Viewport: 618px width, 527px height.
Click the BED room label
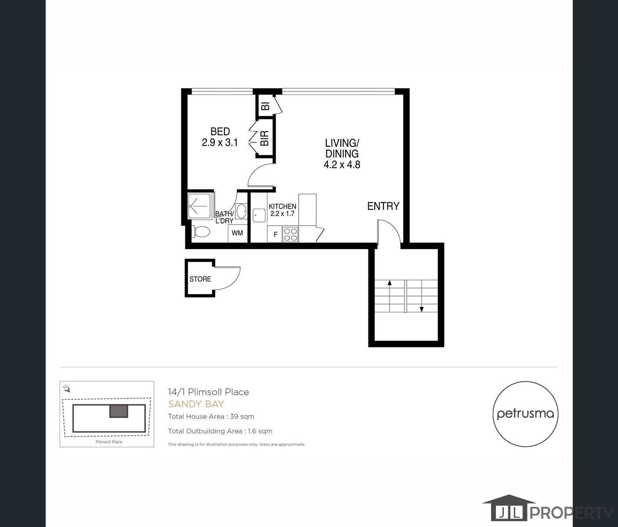point(220,131)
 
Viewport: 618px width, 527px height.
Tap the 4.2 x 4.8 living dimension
point(342,165)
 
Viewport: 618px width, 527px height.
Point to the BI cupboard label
point(265,106)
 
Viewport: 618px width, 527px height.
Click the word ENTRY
point(383,206)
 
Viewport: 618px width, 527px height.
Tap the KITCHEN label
point(282,206)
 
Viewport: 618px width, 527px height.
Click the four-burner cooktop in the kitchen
point(290,234)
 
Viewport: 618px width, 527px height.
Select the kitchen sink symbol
point(259,215)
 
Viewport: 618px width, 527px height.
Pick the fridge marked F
point(275,235)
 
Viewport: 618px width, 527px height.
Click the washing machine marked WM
point(237,233)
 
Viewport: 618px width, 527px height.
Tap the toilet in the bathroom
point(201,231)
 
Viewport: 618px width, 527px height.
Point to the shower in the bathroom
point(200,205)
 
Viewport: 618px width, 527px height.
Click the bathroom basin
point(241,211)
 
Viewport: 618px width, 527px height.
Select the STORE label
point(200,279)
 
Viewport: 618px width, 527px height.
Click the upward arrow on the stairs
point(390,283)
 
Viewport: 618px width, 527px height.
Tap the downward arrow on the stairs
point(422,309)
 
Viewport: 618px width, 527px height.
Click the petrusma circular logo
point(525,414)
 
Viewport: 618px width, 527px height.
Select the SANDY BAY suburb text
point(196,404)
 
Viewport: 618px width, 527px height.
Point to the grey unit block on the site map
point(119,411)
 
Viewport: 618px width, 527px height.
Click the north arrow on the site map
point(66,388)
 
